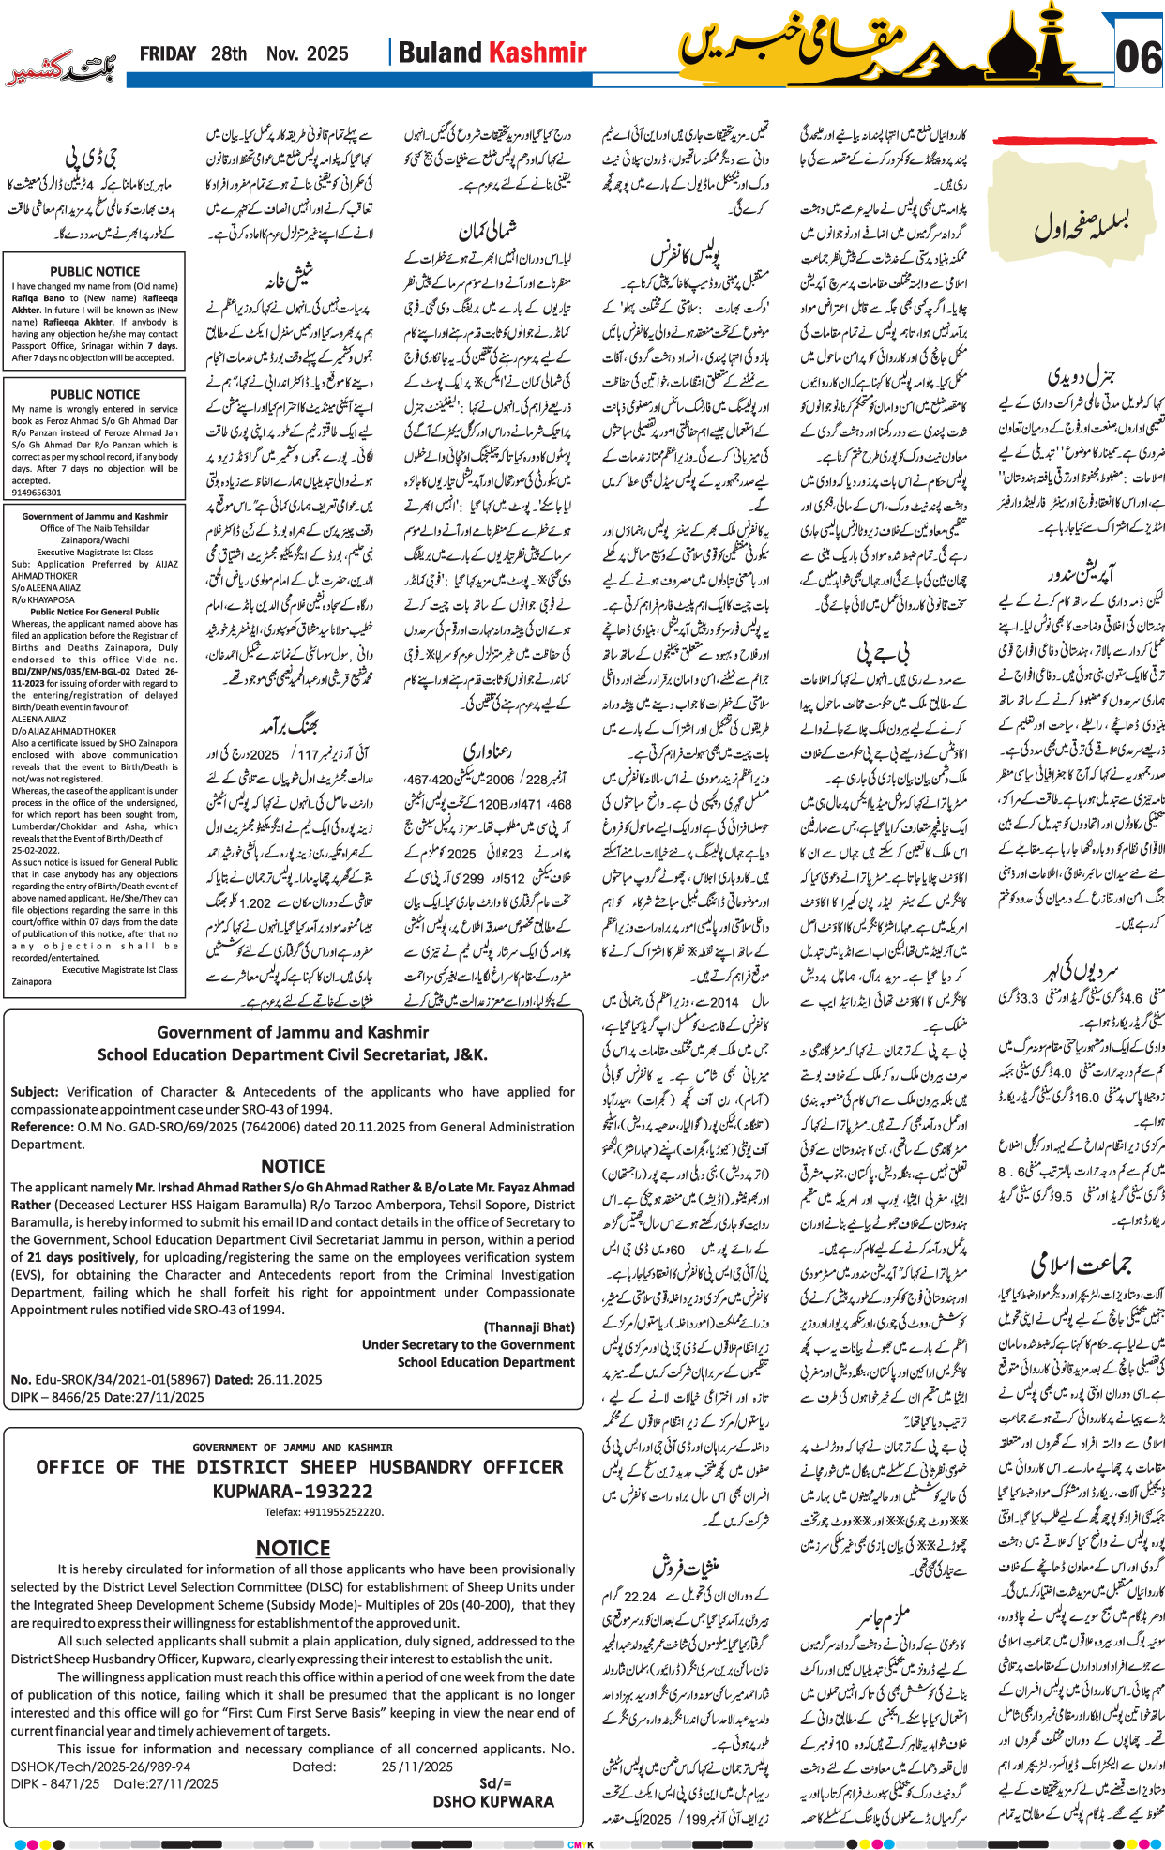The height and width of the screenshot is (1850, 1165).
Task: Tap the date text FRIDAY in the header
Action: (x=167, y=54)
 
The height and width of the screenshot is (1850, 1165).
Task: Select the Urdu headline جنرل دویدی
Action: (x=1081, y=377)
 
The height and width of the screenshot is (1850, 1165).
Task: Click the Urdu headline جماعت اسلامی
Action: (x=1081, y=1265)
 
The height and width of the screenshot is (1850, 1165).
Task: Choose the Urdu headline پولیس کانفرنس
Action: (x=686, y=253)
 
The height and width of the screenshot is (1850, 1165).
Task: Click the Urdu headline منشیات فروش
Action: (x=686, y=1568)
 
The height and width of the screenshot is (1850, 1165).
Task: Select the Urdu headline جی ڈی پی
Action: (x=91, y=156)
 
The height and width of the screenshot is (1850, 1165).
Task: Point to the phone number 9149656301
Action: (x=37, y=492)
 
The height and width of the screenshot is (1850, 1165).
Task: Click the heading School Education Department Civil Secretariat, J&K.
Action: (x=293, y=1054)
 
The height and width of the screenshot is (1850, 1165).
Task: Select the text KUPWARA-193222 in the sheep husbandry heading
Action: (x=293, y=1491)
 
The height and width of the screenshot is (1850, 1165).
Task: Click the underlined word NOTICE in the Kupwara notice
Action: (x=293, y=1548)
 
